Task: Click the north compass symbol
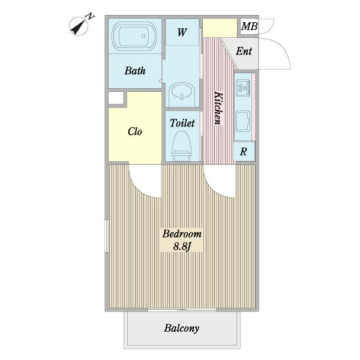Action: [79, 26]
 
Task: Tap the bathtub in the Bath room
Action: [134, 36]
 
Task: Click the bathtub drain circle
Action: [143, 36]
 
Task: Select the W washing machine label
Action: [182, 32]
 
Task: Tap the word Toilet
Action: [182, 123]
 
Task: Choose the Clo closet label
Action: [135, 131]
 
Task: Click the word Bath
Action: [135, 71]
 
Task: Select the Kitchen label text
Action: [218, 108]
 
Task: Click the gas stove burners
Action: [243, 88]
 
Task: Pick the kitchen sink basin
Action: [243, 121]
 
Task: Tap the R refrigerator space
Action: [244, 152]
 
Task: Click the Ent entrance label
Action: [244, 51]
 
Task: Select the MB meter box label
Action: [249, 26]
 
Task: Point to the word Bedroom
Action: [182, 234]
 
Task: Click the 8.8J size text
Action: [182, 247]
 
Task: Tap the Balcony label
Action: [182, 328]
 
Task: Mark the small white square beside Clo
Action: [116, 98]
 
